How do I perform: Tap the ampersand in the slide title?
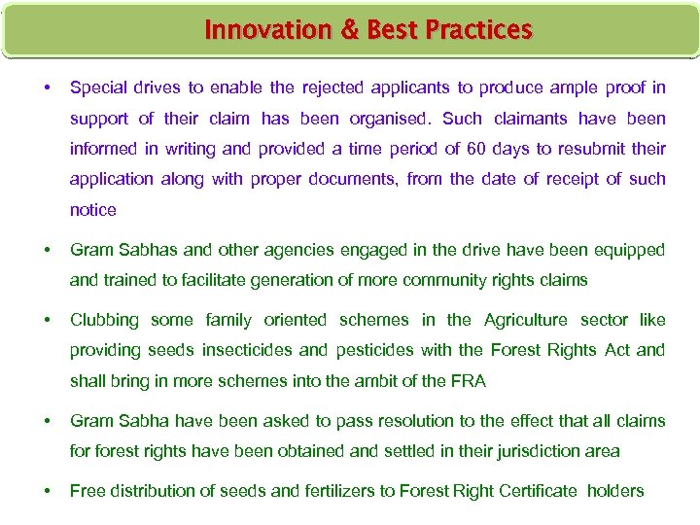pos(350,31)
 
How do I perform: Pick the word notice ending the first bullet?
pos(92,210)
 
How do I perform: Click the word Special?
pos(99,88)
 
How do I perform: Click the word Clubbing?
pos(105,320)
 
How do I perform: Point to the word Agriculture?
pos(526,320)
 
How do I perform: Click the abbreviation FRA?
pos(466,381)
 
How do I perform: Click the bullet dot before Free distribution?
pos(48,491)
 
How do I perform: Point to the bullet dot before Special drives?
pos(48,88)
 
